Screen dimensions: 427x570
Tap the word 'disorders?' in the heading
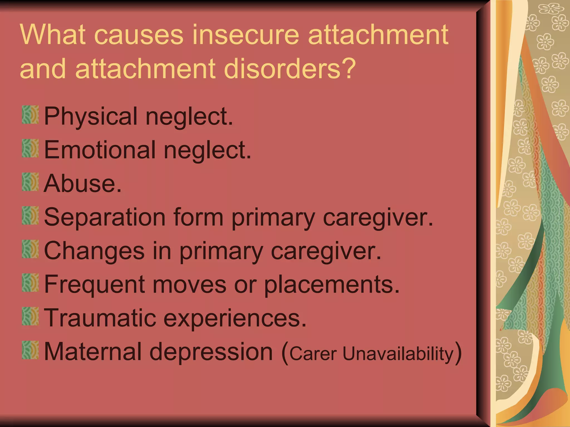click(x=290, y=68)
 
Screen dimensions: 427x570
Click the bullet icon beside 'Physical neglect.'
click(x=30, y=115)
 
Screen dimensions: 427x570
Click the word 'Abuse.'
click(x=83, y=184)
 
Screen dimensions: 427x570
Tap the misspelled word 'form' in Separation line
click(x=198, y=217)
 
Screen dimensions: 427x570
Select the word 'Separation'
click(x=105, y=217)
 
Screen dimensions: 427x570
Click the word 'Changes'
click(x=94, y=251)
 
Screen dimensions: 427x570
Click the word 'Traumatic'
click(x=100, y=318)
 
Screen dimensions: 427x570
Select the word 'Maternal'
click(x=93, y=352)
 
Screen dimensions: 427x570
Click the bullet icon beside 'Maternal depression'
click(x=30, y=350)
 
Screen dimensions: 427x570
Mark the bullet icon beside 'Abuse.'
click(x=30, y=182)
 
